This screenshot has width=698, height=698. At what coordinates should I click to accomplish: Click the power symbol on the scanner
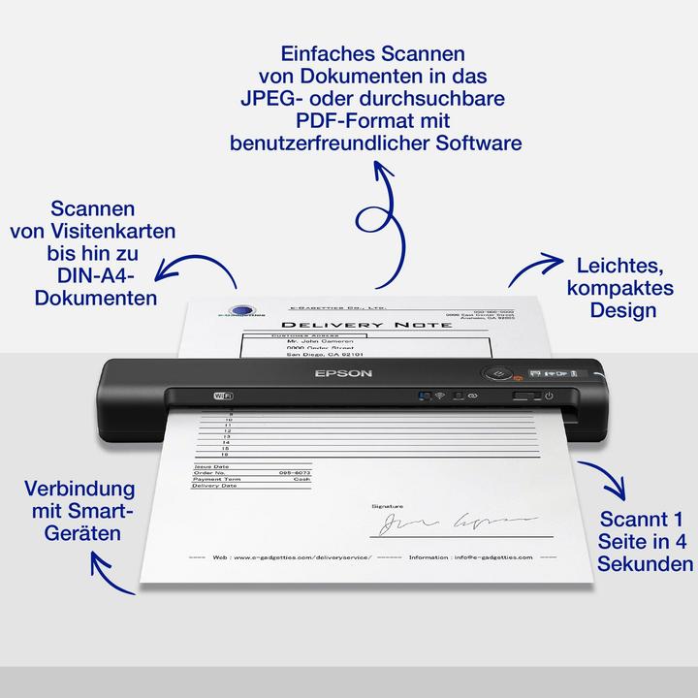tap(549, 396)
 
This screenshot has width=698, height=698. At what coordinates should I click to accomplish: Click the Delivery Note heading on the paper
tap(365, 324)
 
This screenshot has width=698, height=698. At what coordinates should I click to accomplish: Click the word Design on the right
tap(621, 310)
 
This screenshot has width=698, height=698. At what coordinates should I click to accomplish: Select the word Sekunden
tap(645, 564)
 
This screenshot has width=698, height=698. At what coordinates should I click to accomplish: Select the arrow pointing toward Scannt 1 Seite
tap(601, 479)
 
